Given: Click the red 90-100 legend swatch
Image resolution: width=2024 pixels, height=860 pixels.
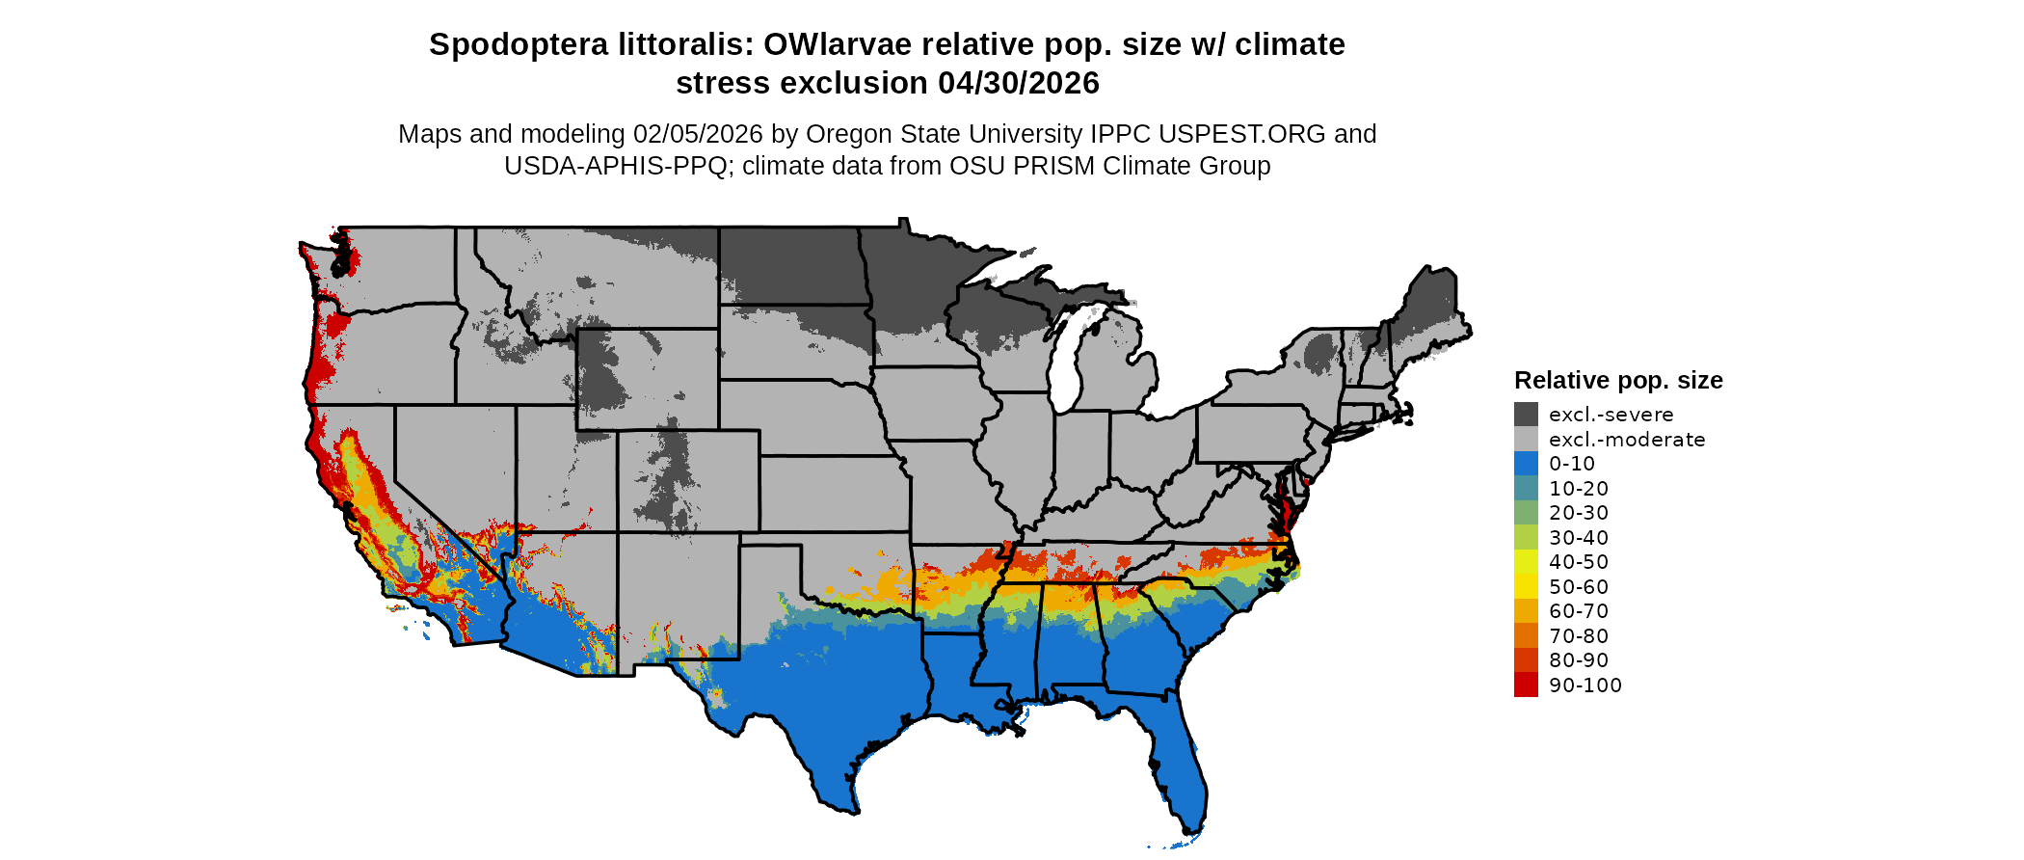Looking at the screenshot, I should click(1526, 685).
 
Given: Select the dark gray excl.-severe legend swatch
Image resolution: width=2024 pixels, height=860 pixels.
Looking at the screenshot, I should click(1526, 415).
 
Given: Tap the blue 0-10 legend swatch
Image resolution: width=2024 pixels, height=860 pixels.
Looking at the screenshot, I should click(1526, 464).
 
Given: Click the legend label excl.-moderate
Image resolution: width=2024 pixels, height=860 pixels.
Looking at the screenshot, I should click(1627, 440).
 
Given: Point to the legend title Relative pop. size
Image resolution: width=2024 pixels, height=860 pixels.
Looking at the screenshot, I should click(1618, 380).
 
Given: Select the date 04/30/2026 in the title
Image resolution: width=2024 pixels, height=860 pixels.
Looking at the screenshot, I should click(1019, 83).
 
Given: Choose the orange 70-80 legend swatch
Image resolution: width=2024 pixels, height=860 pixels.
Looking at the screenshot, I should click(1526, 635).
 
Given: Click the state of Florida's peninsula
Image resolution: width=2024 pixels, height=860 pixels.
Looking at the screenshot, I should click(1178, 762).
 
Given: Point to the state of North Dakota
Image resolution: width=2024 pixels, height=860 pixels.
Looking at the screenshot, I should click(790, 265).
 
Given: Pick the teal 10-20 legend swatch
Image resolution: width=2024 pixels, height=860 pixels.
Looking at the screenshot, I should click(1526, 488).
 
